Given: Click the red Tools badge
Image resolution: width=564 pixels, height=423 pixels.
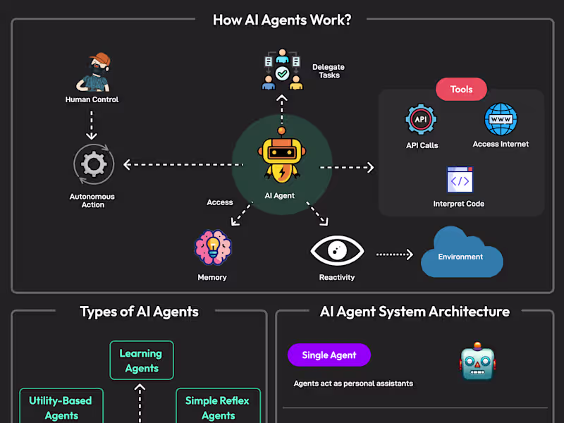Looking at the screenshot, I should [x=461, y=90].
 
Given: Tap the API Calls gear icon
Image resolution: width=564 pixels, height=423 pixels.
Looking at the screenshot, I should [x=421, y=120].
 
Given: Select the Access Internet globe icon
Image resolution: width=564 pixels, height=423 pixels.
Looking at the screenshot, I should [x=501, y=119].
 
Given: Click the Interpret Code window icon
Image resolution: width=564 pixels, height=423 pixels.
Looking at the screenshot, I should [x=459, y=180].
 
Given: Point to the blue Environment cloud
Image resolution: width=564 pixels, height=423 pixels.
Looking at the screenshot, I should [x=461, y=253].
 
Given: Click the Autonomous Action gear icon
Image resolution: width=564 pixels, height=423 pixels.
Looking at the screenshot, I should [x=93, y=165].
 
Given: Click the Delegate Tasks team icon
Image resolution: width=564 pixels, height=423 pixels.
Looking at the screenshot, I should [x=281, y=70].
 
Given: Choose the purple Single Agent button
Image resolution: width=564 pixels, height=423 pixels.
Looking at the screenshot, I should [x=329, y=355].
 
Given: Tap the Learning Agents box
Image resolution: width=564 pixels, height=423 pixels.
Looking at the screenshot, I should [x=141, y=360].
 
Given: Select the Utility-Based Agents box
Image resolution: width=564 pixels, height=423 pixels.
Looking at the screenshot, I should [x=61, y=406].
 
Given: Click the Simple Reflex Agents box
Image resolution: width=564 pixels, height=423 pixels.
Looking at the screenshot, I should [x=217, y=406].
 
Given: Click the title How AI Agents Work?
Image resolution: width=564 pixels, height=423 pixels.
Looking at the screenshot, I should [x=282, y=20].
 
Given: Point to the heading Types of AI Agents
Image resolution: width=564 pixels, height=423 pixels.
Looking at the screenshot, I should [x=139, y=312].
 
